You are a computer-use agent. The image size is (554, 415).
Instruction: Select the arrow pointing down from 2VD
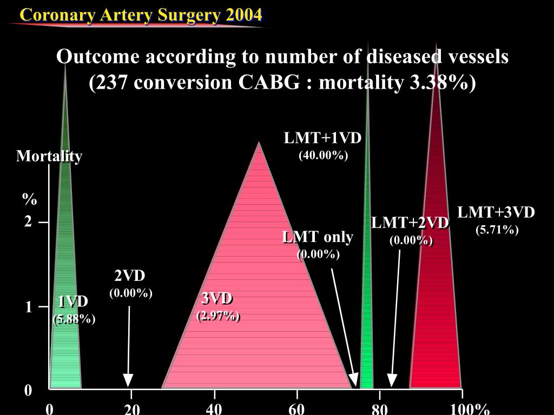tap(129, 346)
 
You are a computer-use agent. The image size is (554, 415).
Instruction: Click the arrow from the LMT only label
tap(343, 324)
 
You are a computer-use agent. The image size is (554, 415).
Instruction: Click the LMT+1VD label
tap(323, 138)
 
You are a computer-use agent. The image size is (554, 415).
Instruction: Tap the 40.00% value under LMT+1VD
tap(323, 156)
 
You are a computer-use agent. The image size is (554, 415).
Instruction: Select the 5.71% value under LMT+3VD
tap(497, 230)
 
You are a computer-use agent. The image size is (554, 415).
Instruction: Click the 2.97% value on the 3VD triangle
tap(218, 316)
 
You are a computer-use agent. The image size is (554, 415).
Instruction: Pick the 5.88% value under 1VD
tap(74, 319)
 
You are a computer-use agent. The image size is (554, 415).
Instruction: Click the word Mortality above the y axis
tap(49, 156)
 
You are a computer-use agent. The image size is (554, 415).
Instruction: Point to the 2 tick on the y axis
tap(28, 222)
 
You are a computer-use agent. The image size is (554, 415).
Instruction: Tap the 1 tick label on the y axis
tap(28, 307)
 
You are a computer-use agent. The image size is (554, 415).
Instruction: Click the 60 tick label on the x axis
tap(296, 409)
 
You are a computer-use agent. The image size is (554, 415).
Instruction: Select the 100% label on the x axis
tap(470, 409)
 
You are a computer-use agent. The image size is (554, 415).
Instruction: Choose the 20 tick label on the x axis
tap(132, 409)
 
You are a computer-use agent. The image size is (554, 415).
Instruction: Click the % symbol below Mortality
tap(29, 199)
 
